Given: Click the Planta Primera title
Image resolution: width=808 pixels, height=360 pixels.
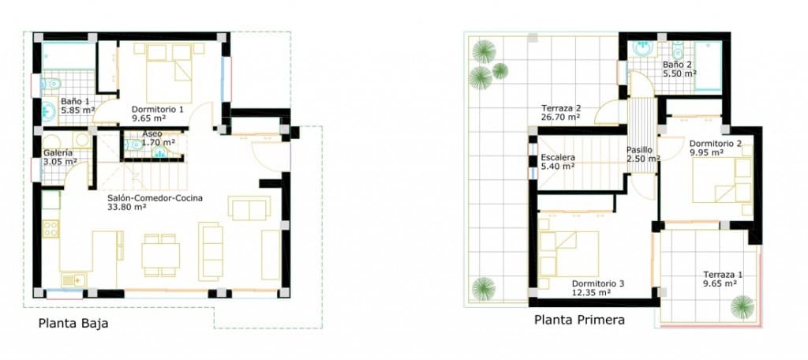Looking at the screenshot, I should coord(579,321).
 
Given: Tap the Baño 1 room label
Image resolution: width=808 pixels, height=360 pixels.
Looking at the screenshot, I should coord(76,101).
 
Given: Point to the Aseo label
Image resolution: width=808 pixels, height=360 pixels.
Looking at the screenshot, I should coord(152,134).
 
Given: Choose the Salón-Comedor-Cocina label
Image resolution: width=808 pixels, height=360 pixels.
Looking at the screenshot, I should coord(155,198).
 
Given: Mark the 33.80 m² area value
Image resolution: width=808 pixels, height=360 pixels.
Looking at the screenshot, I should coord(127,208).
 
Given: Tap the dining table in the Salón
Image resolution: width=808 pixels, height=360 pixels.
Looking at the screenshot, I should coord(160,254).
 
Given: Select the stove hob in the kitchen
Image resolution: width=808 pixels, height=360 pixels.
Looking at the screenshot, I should coord(50,230).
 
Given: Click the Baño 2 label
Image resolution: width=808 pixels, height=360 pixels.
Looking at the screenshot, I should coord(678,64).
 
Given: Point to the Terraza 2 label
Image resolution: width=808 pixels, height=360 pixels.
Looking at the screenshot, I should coord(561,108).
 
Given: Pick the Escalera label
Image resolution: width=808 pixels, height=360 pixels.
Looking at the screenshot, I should coord(558,157).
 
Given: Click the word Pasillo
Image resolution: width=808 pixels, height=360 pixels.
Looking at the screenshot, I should coord(640,150).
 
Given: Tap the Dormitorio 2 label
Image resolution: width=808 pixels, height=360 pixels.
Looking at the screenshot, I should coord(715,144).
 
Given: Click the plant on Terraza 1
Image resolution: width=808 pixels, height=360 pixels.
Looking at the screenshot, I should coord(742,306).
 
